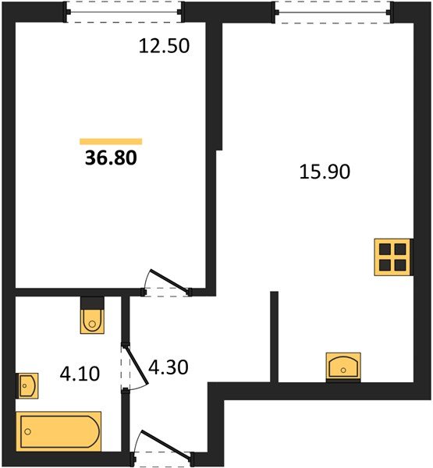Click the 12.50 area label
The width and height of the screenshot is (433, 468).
click(165, 46)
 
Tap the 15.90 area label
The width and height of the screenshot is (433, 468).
click(325, 172)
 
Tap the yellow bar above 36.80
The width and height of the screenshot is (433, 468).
click(111, 141)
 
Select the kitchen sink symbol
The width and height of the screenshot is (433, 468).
click(342, 366)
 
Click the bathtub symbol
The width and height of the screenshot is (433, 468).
click(59, 431)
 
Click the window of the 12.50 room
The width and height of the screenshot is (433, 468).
click(124, 11)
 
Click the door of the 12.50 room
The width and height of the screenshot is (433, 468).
click(166, 283)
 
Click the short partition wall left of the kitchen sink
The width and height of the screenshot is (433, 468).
click(275, 337)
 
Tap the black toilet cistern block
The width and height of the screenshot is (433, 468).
click(92, 303)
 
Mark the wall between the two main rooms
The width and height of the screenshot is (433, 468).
click(212, 156)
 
